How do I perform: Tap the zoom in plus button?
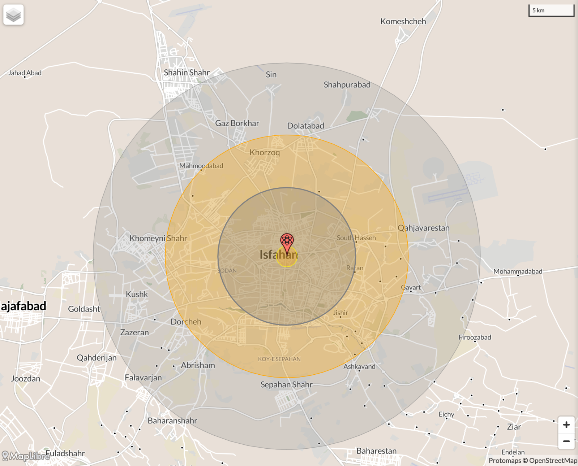click(566, 425)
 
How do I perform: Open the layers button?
click(13, 15)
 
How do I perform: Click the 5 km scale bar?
click(551, 10)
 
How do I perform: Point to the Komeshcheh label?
click(403, 22)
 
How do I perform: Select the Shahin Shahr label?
click(187, 73)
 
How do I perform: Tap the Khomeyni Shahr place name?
click(158, 238)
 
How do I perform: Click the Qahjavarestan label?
click(423, 228)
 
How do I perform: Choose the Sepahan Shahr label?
click(286, 385)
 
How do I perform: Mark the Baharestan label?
click(376, 451)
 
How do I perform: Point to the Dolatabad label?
click(305, 126)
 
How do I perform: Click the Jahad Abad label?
click(25, 73)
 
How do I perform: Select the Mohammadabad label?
click(518, 271)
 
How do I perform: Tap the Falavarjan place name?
click(143, 378)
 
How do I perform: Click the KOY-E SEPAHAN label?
click(279, 359)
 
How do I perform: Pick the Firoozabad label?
click(475, 337)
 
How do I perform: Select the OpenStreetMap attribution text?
click(553, 461)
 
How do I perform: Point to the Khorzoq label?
click(265, 153)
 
